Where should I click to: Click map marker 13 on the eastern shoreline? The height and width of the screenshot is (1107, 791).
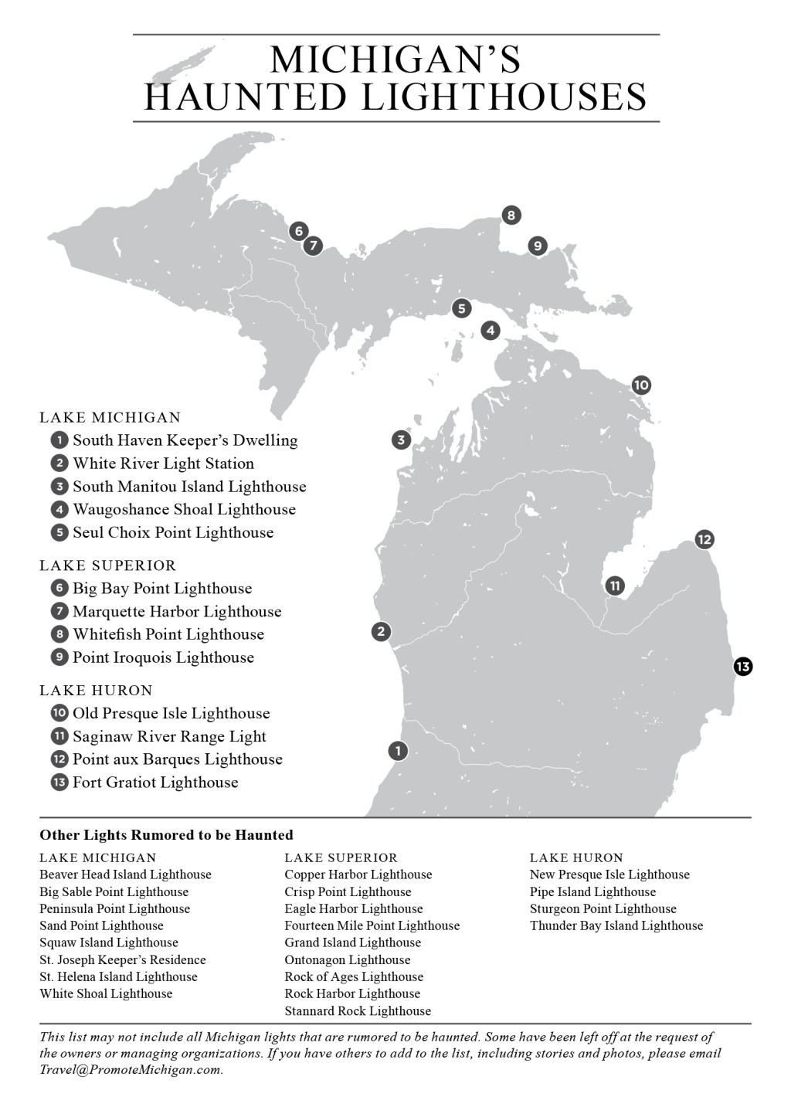tap(742, 666)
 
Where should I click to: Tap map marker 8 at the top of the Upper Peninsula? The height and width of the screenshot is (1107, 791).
tap(511, 216)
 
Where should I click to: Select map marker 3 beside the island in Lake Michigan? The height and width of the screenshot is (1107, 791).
tap(400, 440)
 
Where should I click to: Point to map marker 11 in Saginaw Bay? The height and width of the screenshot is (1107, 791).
tap(615, 586)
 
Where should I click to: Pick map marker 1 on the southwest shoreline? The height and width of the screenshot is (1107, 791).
tap(398, 750)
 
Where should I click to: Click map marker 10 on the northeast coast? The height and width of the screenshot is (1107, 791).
tap(640, 385)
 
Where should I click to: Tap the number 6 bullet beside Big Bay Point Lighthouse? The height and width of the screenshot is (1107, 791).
tap(59, 589)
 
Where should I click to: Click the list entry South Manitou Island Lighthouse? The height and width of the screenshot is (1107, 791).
tap(189, 487)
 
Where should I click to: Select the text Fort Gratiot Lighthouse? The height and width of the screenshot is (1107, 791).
tap(155, 783)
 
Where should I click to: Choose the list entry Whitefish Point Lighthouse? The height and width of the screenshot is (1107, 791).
tap(168, 634)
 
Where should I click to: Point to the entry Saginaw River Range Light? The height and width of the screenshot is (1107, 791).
tap(169, 736)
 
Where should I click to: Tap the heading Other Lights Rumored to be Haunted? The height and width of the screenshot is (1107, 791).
tap(166, 835)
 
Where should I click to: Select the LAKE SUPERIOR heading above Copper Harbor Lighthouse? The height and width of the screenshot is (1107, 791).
tap(341, 857)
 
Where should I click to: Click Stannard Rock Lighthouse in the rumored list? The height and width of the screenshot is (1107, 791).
tap(358, 1010)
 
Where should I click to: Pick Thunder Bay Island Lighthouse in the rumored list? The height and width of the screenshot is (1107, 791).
tap(616, 925)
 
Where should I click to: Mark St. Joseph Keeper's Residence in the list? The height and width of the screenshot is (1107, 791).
tap(123, 959)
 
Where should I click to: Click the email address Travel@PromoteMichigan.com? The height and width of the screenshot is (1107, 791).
tap(131, 1071)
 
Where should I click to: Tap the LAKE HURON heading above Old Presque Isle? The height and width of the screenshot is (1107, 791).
tap(97, 691)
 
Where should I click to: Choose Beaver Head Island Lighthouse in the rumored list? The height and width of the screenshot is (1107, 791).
tap(125, 874)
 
